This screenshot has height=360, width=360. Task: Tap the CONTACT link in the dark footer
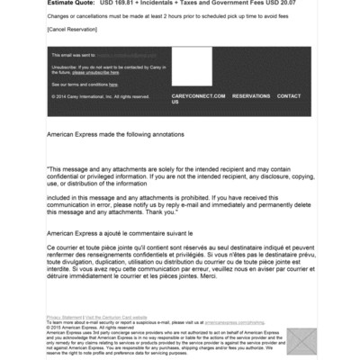point(289,95)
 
